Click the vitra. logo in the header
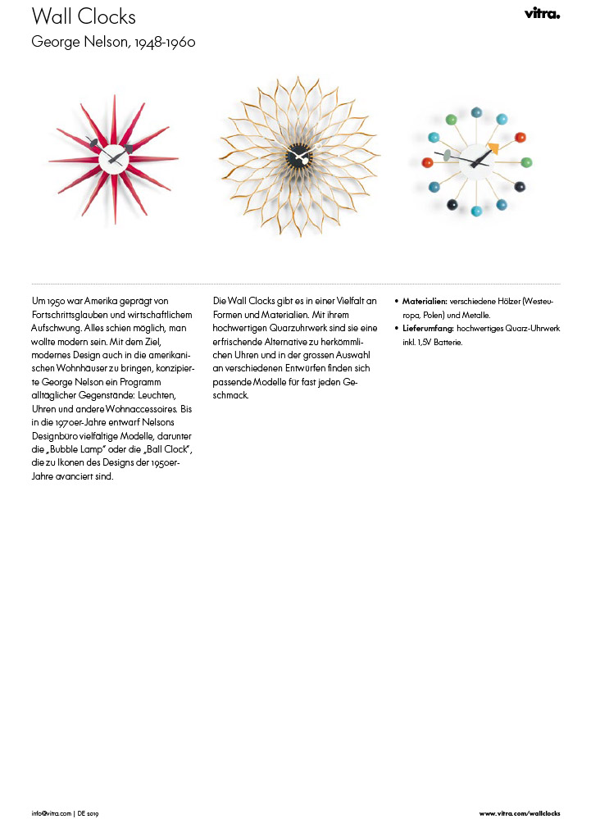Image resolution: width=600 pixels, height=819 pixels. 542,14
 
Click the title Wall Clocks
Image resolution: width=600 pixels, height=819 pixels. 84,16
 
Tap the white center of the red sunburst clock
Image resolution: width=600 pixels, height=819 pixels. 113,156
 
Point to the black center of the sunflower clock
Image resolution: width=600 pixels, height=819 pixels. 299,156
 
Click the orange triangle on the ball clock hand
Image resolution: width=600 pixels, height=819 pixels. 493,148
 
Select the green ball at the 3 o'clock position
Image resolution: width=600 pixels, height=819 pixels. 527,162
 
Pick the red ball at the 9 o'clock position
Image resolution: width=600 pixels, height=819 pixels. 426,162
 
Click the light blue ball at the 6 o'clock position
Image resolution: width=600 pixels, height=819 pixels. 477,212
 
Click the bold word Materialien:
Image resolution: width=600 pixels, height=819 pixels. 425,301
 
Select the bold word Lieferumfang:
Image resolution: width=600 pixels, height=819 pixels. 428,328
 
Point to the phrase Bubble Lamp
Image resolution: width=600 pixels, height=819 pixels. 72,448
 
